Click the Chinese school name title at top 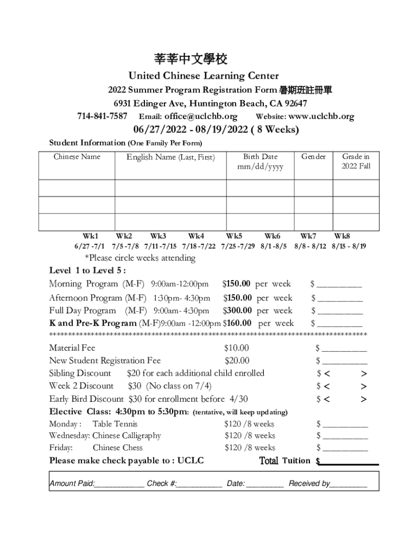(x=190, y=59)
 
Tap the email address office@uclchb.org (x=201, y=116)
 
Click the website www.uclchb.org (x=321, y=116)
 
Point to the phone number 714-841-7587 (x=102, y=116)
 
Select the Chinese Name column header (x=77, y=157)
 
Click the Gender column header (x=314, y=157)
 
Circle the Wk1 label (x=90, y=236)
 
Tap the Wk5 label (x=234, y=236)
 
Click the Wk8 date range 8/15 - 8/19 (x=349, y=246)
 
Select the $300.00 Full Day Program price (x=238, y=311)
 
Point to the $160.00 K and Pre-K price (x=237, y=324)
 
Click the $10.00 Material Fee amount (x=237, y=348)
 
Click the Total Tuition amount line (x=349, y=463)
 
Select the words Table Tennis (x=115, y=424)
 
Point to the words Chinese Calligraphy (x=126, y=436)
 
